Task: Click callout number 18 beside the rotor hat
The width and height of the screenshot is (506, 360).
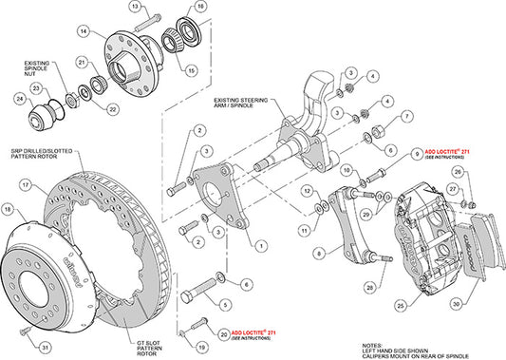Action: point(9,208)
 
